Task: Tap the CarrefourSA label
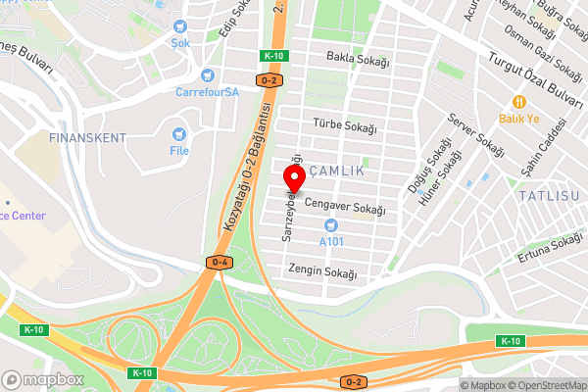[x=207, y=92]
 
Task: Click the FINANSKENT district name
[x=87, y=138]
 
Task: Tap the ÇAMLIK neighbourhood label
[x=336, y=171]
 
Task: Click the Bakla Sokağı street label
[x=358, y=61]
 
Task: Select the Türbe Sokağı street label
[x=343, y=125]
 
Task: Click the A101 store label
[x=330, y=240]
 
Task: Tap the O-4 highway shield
[x=219, y=262]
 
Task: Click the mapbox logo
[x=42, y=379]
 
